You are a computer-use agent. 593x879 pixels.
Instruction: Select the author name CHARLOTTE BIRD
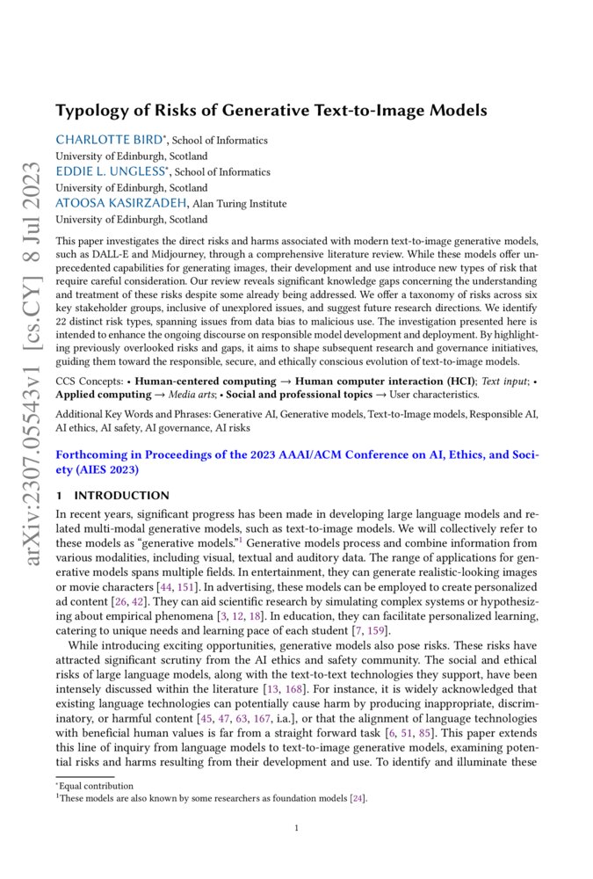pos(111,140)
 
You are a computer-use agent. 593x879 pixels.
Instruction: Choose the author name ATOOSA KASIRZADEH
pos(122,203)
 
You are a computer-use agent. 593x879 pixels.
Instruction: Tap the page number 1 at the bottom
pos(297,827)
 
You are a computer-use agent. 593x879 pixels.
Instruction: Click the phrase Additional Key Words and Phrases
pos(134,413)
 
